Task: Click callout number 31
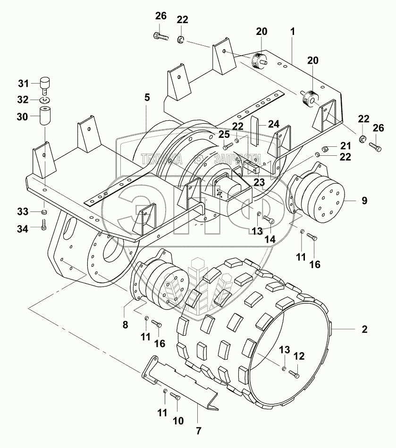point(24,84)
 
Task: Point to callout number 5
point(147,98)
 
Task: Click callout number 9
point(364,200)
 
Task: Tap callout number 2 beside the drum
point(364,330)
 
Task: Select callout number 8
point(125,324)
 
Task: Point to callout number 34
point(23,228)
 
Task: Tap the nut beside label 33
point(44,212)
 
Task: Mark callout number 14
point(270,239)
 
